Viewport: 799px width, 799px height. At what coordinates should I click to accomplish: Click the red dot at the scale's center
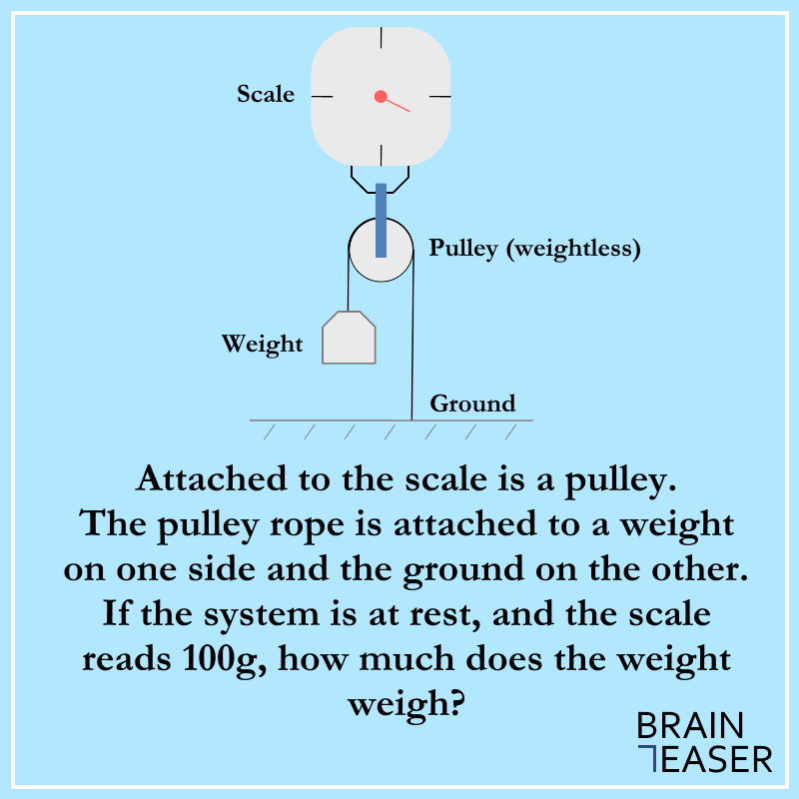pos(381,96)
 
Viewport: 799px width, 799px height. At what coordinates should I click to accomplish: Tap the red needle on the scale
pos(398,105)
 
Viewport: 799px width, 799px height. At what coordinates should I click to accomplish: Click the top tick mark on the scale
pos(382,38)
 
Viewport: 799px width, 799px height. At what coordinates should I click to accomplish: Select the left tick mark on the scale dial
pos(322,96)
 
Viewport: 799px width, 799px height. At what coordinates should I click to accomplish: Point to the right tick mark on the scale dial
pos(440,96)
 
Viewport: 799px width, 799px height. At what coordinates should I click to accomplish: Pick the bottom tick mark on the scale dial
pos(382,155)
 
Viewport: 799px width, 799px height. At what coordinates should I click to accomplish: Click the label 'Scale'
pos(266,94)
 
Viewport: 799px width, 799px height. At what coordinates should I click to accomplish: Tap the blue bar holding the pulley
pos(381,220)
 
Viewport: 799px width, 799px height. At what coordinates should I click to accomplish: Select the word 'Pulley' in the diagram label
pos(462,249)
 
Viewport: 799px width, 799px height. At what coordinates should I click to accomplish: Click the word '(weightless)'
pos(573,249)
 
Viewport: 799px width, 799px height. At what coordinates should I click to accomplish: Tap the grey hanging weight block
pos(349,338)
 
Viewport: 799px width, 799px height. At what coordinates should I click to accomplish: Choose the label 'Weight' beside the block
pos(262,344)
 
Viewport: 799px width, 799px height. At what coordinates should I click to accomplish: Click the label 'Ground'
pos(472,403)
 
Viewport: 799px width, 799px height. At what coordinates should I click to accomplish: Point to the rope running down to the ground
pos(412,336)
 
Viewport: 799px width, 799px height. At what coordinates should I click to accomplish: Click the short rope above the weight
pos(348,281)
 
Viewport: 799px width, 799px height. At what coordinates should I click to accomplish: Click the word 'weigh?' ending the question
pos(406,704)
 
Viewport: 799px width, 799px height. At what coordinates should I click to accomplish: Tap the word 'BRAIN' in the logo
pos(690,726)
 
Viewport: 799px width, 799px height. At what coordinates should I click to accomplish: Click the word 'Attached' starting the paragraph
pos(212,479)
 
